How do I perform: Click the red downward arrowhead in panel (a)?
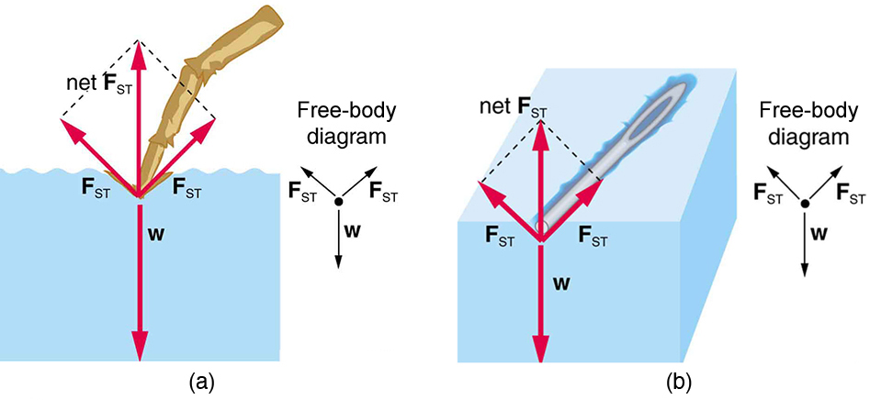(x=140, y=347)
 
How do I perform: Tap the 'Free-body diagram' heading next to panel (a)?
(x=345, y=125)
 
